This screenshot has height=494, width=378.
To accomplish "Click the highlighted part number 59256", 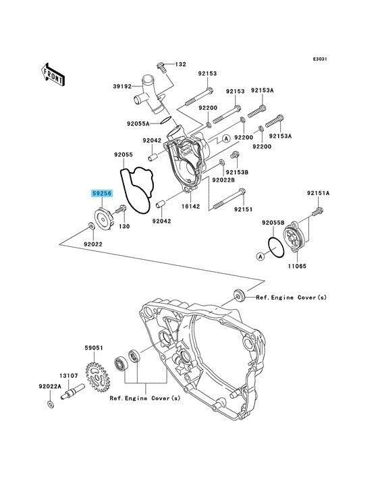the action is [102, 194].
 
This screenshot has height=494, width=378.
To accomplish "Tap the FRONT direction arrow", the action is [53, 74].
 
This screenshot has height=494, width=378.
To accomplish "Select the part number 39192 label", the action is [122, 86].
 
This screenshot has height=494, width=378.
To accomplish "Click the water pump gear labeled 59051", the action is [97, 377].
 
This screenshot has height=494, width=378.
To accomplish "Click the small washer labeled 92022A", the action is [50, 404].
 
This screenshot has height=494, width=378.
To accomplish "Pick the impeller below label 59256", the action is [104, 219].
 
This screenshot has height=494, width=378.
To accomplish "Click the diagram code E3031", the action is [320, 59].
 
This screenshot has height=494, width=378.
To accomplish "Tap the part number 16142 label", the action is [190, 207].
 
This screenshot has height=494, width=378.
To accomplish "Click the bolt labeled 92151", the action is [230, 199].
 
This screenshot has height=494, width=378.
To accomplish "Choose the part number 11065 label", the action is [297, 266].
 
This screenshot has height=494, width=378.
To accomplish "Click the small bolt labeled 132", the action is [161, 67].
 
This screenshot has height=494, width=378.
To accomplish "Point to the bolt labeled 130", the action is [121, 209].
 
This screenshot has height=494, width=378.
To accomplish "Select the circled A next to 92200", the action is [226, 138].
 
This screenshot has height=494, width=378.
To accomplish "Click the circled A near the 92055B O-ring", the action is [260, 256].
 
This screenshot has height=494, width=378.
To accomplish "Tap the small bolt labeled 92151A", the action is [318, 211].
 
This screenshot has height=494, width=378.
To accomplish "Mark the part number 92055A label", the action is [138, 123].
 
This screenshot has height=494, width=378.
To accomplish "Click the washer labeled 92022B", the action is [222, 162].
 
